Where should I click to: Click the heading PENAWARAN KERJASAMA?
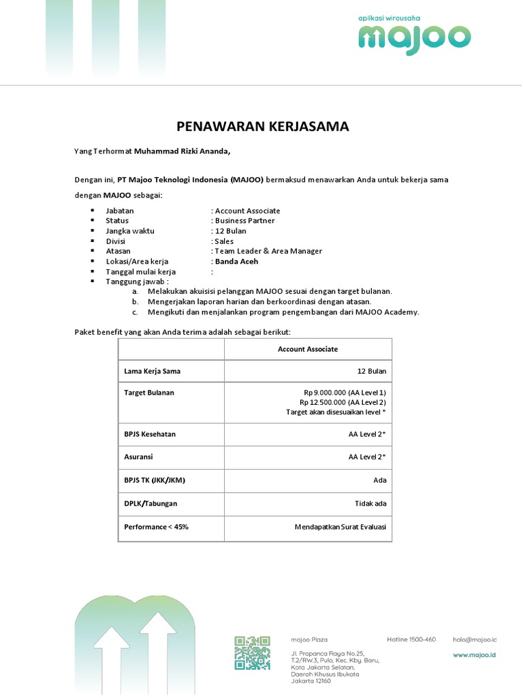click(263, 126)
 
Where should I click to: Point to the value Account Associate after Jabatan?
click(247, 211)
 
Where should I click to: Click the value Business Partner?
click(245, 221)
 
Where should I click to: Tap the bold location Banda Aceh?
click(236, 261)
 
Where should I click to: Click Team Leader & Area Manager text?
click(268, 251)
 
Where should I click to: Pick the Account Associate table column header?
click(308, 349)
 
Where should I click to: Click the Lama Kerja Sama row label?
click(152, 371)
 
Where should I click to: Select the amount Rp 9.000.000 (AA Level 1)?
click(345, 393)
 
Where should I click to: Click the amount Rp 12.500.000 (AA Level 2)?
click(343, 403)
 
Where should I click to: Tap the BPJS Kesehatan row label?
click(149, 434)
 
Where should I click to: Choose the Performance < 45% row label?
click(156, 527)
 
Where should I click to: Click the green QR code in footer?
click(252, 652)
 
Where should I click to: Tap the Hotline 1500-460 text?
click(411, 639)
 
